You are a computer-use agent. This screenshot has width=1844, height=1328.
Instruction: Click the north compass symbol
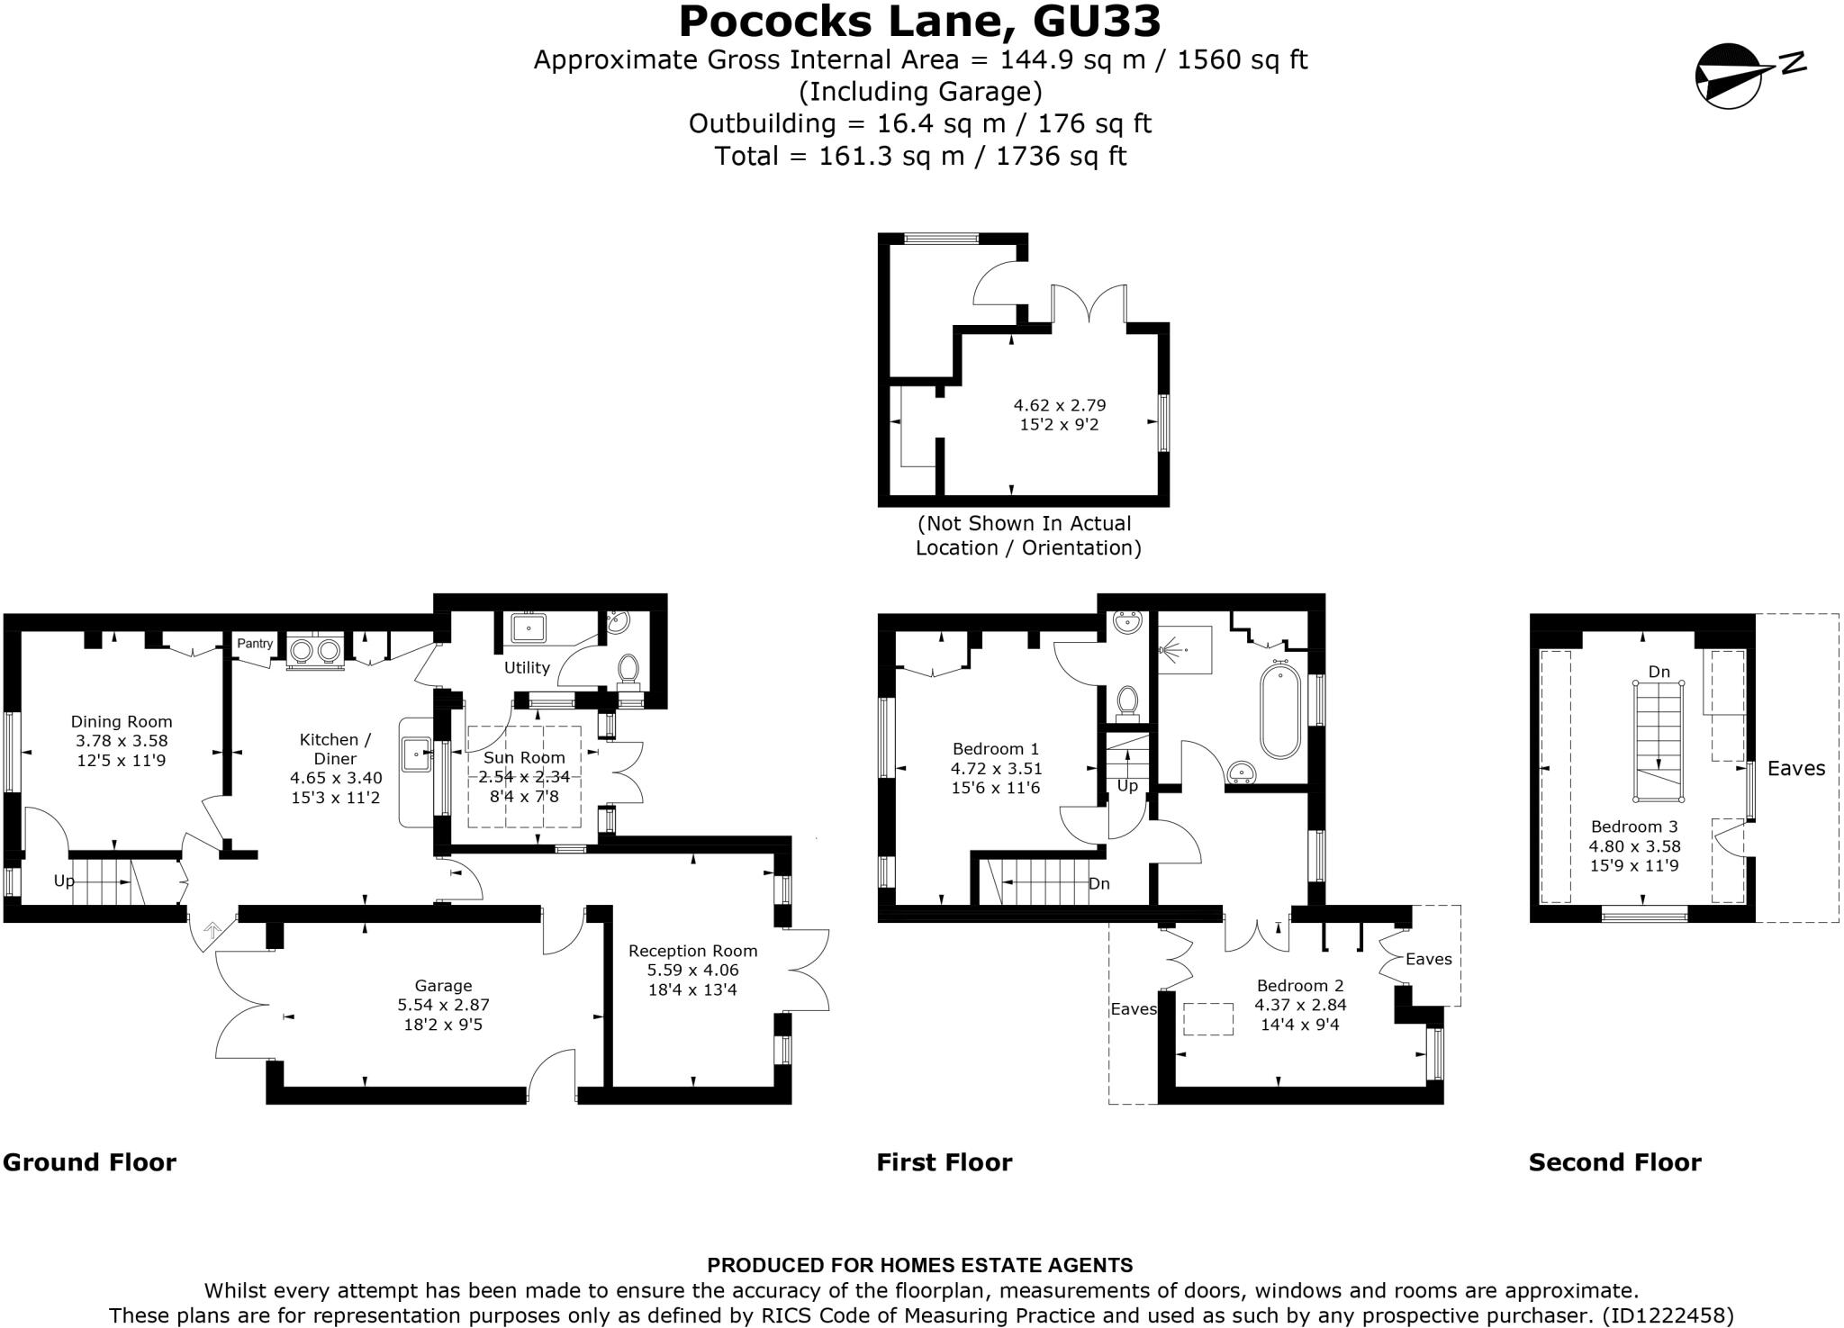pos(1729,76)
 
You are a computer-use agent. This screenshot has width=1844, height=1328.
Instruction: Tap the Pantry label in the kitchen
pos(255,644)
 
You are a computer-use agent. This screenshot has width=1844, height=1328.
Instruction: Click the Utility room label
pos(527,667)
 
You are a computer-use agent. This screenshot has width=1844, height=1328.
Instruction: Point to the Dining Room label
pos(122,721)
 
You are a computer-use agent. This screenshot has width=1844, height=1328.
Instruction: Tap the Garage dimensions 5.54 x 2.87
pos(443,1005)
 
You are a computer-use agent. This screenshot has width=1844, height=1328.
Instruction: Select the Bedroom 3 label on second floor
pos(1634,827)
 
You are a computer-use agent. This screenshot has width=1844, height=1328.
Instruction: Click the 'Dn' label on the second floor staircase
pos(1659,672)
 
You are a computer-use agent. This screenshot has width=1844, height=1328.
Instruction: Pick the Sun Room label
pos(524,757)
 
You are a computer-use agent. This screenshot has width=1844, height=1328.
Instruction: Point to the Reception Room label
pos(692,951)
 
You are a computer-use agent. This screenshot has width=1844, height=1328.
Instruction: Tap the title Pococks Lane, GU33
pos(919,22)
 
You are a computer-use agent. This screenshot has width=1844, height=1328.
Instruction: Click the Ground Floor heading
pos(90,1162)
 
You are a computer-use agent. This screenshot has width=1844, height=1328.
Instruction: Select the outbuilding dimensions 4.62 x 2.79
pos(1059,405)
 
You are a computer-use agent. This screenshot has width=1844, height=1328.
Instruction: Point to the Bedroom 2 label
pos(1299,985)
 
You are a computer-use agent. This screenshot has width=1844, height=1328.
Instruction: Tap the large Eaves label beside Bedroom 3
pos(1795,768)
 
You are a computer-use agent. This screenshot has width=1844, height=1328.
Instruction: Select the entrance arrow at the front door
pos(213,931)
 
